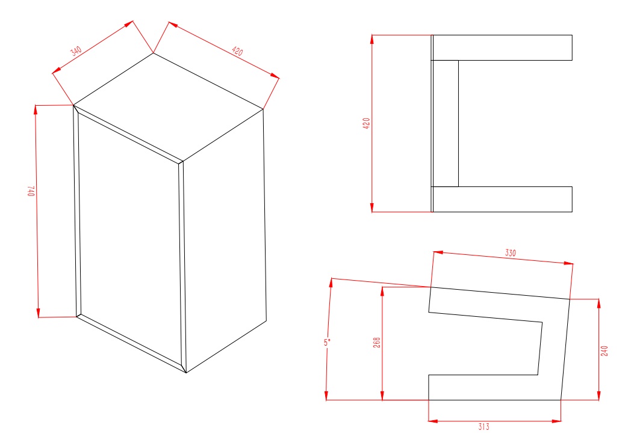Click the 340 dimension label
pos(76,51)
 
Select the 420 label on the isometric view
pos(237,51)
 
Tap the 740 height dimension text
pos(31,191)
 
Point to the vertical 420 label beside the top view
pos(366,123)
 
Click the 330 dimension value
pos(511,252)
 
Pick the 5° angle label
pos(326,343)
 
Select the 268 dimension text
pos(377,343)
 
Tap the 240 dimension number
pos(604,351)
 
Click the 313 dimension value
pos(484,427)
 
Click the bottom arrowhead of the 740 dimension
pos(39,313)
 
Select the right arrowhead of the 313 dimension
pos(556,421)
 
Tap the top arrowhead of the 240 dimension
pos(599,304)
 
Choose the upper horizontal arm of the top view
pos(502,47)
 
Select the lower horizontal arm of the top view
pos(502,199)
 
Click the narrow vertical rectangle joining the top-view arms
pos(446,124)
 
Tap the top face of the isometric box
pos(168,107)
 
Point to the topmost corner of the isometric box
pos(154,53)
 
